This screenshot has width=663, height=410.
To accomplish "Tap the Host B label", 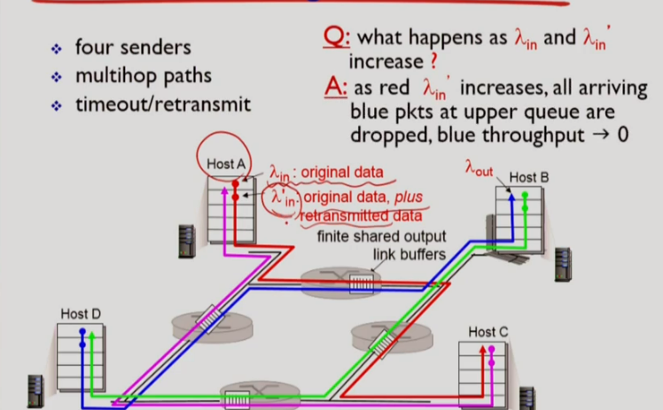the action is pyautogui.click(x=529, y=177).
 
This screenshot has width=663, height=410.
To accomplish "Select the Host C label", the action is pyautogui.click(x=488, y=331).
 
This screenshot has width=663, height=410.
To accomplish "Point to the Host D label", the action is pyautogui.click(x=81, y=313).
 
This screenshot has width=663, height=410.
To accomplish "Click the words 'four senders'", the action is pyautogui.click(x=133, y=47).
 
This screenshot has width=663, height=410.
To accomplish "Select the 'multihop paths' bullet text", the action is pyautogui.click(x=144, y=75).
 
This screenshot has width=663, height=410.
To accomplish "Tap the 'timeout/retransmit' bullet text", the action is pyautogui.click(x=163, y=104).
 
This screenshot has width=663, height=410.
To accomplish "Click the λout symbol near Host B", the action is pyautogui.click(x=479, y=167).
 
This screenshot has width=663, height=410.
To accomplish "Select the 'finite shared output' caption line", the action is pyautogui.click(x=381, y=236).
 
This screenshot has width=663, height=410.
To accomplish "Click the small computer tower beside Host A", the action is pyautogui.click(x=186, y=236).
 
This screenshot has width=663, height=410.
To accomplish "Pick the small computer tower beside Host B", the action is pyautogui.click(x=564, y=262).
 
